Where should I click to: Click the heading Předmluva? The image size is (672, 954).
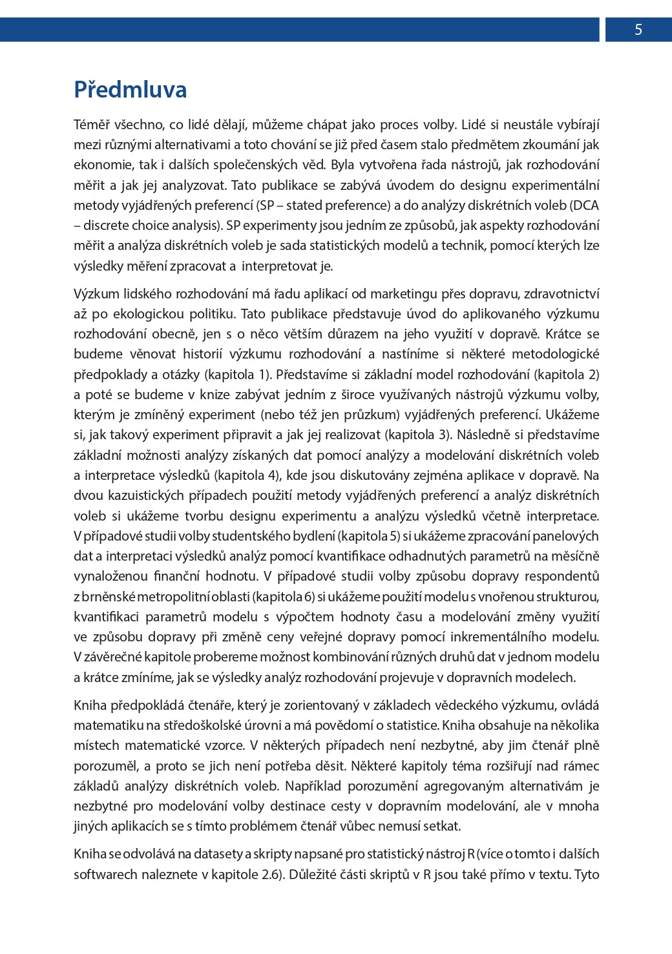[x=130, y=90]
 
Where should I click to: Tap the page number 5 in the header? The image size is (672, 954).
[x=638, y=30]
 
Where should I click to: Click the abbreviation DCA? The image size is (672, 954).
[x=585, y=205]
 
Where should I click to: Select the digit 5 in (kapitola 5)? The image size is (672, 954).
[x=393, y=536]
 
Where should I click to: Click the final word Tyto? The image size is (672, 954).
[x=587, y=875]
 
